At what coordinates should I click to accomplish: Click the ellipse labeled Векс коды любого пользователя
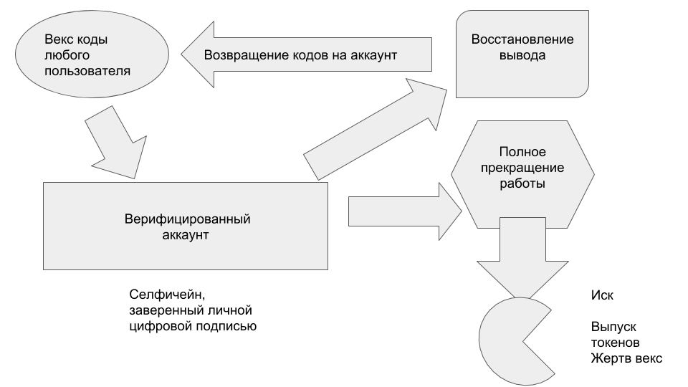(92, 54)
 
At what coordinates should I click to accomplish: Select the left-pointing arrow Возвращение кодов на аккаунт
(306, 54)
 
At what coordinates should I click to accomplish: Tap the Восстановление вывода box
(522, 54)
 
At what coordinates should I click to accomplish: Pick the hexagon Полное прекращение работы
(522, 174)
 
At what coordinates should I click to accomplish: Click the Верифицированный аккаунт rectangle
(185, 226)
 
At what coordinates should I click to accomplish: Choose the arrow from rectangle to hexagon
(405, 211)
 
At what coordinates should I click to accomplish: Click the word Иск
(602, 295)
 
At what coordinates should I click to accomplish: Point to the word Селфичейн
(167, 295)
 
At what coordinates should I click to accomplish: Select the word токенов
(615, 343)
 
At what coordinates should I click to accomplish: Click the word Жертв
(608, 358)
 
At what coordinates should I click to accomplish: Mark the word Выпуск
(613, 327)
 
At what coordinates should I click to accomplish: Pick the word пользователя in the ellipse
(87, 71)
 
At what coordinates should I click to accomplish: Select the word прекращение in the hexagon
(522, 168)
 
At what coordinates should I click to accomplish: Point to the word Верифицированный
(187, 219)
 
